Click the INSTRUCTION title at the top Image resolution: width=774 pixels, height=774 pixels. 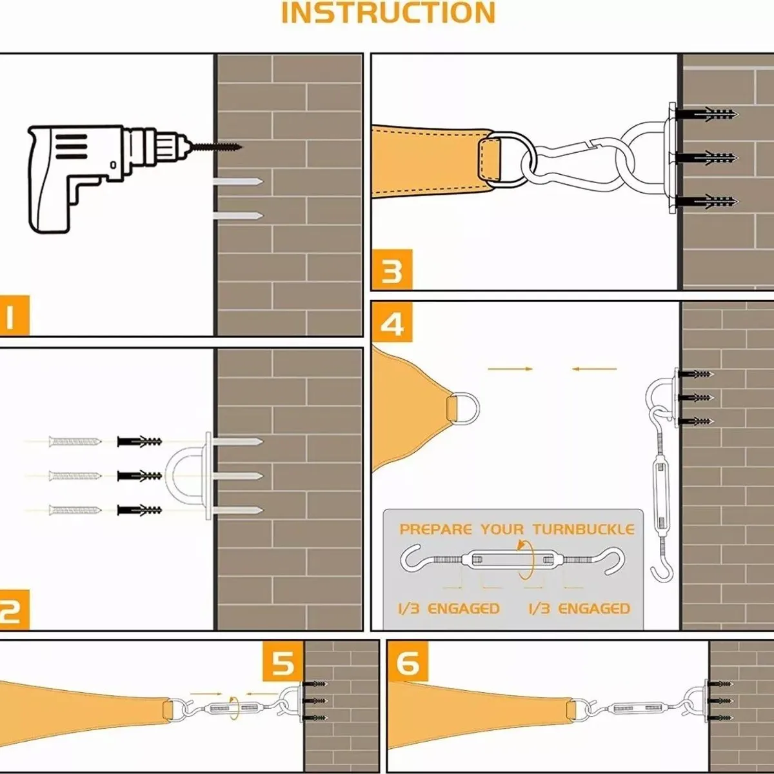click(388, 13)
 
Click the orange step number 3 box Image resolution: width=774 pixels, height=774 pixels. click(392, 271)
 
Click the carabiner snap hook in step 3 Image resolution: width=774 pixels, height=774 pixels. click(571, 161)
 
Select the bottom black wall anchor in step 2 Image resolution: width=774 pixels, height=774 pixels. click(139, 510)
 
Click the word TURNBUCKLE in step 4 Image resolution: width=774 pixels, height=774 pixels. click(583, 530)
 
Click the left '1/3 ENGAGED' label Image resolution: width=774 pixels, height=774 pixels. click(448, 608)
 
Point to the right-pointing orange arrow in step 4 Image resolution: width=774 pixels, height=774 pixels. click(510, 369)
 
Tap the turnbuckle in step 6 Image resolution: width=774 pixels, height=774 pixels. click(639, 709)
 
